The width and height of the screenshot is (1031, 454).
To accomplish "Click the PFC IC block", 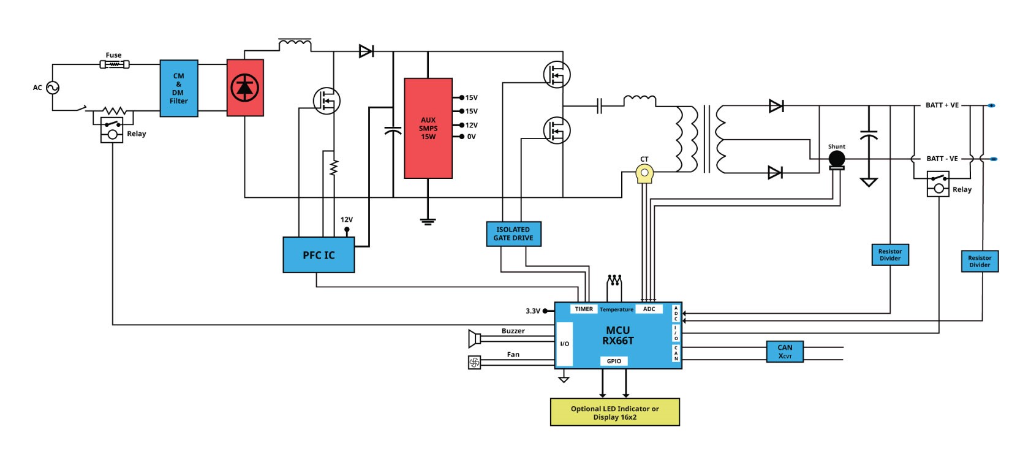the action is [x=319, y=255].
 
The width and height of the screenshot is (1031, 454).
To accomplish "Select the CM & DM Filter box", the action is [x=179, y=88].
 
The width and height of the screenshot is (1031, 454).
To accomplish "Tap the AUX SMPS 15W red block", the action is [x=428, y=128].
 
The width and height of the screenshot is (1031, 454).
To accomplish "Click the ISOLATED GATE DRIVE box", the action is [x=513, y=234].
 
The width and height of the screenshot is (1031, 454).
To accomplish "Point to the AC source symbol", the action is [x=53, y=88].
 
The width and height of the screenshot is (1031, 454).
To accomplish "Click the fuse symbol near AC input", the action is [x=115, y=64].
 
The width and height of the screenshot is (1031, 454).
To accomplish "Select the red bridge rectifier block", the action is [x=245, y=88].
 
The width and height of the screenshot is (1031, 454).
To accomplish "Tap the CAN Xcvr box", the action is [x=785, y=351].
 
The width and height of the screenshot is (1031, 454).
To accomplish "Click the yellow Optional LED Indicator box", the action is [x=615, y=412].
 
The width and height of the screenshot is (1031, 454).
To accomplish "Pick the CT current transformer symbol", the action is [x=644, y=173].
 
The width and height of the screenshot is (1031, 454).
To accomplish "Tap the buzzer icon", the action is [x=475, y=339].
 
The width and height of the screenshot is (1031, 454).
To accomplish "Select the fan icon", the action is [x=475, y=363].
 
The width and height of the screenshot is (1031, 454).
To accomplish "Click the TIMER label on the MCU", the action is [x=584, y=309].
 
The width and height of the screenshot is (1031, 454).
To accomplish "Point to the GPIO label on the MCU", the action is [x=614, y=361].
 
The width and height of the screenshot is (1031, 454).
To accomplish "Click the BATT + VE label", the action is [x=942, y=105].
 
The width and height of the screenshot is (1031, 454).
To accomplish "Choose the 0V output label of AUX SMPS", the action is [x=471, y=137].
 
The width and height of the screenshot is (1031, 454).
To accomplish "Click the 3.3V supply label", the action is [x=533, y=311].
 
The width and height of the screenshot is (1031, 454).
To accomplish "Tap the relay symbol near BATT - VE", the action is [x=938, y=184].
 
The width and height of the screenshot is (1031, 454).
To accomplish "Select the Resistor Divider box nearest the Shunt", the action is [x=890, y=255].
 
